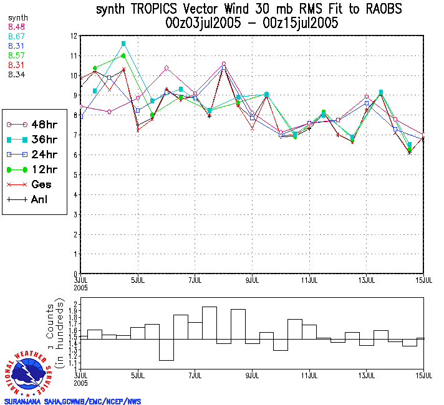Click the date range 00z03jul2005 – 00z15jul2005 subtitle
pos(252,24)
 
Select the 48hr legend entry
pos(34,124)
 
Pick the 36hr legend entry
pos(34,139)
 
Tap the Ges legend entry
pos(34,184)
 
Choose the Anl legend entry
pos(34,200)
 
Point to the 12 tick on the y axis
pos(74,36)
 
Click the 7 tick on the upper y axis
pos(74,135)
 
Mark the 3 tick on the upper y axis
pos(74,214)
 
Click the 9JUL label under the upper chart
pos(252,279)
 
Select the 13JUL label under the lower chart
pos(367,376)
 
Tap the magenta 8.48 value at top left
pos(17,27)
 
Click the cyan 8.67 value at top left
pos(17,37)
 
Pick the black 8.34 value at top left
pos(17,74)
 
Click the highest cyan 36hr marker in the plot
pos(123,44)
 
